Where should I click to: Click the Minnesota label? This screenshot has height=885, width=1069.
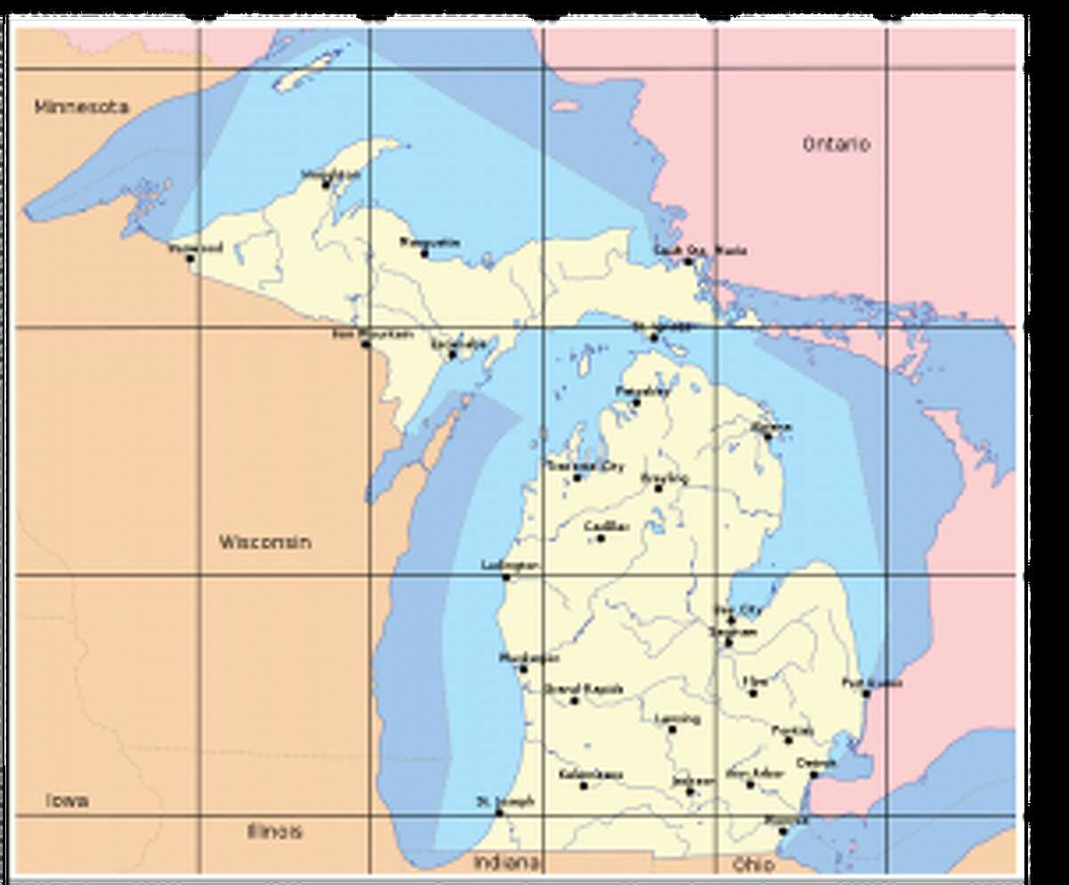(x=82, y=107)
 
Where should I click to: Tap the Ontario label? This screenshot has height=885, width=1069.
(x=836, y=144)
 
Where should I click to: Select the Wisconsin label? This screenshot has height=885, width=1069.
(x=265, y=542)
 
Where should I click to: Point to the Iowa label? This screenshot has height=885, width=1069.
(x=68, y=800)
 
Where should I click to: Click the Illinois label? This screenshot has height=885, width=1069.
(x=274, y=832)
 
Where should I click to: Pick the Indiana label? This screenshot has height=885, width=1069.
(x=506, y=863)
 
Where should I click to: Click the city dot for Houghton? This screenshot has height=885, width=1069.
(x=326, y=184)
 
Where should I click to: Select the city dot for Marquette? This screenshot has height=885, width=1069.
(x=424, y=253)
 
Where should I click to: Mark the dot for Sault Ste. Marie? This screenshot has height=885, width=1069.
(x=688, y=261)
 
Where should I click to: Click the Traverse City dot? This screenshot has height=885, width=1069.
(x=577, y=478)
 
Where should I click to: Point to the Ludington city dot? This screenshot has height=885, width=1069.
(x=506, y=577)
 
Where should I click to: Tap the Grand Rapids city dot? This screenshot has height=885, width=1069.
(x=575, y=701)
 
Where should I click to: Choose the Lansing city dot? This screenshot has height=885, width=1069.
(x=673, y=729)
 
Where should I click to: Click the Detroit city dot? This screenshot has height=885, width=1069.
(x=813, y=774)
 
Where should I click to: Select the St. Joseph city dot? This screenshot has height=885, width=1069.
(x=499, y=812)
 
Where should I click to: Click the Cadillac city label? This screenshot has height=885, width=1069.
(x=608, y=526)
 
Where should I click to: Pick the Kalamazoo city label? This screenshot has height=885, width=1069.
(x=591, y=774)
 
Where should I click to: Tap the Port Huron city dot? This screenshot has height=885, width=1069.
(x=866, y=693)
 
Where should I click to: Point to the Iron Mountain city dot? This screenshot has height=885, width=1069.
(x=365, y=344)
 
